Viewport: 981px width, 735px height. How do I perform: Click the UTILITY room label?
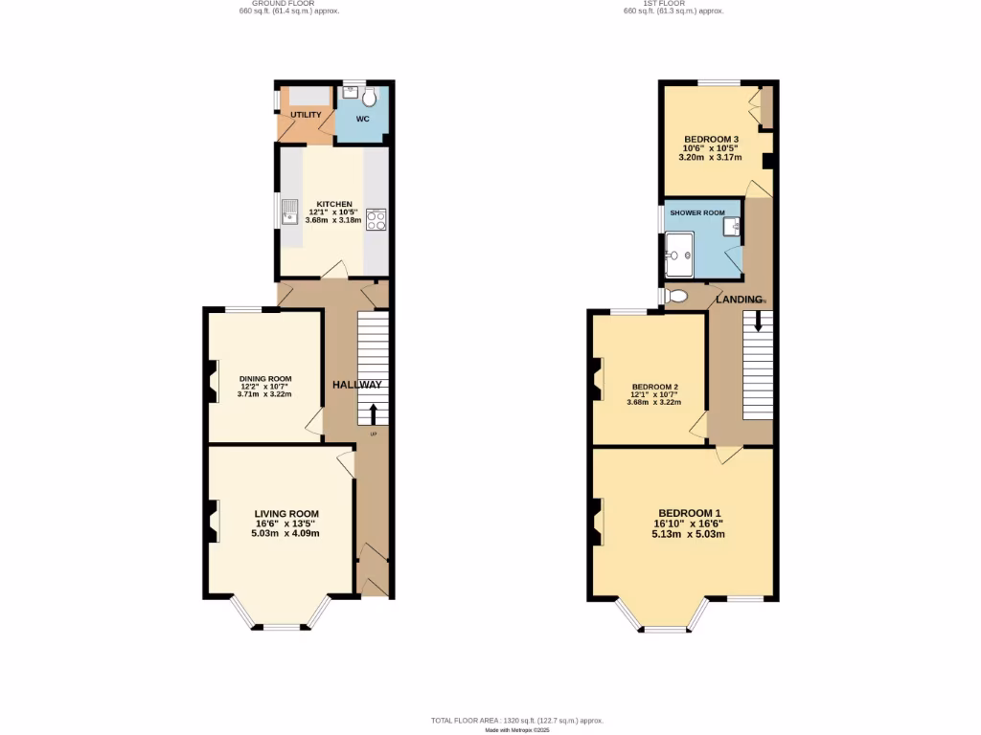(306, 115)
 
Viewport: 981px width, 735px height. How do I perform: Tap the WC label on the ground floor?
(363, 119)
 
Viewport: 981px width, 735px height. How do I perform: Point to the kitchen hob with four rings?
(375, 219)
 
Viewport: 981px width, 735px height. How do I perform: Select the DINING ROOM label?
(265, 379)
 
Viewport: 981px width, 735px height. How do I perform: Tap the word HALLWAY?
(357, 385)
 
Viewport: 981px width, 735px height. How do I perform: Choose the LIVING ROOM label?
(286, 513)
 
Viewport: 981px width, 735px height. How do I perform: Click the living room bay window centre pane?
(282, 628)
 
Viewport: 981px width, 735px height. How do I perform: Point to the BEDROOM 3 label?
(711, 140)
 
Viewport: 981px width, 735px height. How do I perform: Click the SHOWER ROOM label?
(697, 212)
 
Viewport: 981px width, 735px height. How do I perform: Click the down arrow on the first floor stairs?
(758, 322)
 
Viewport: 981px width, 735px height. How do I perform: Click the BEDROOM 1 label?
(689, 513)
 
